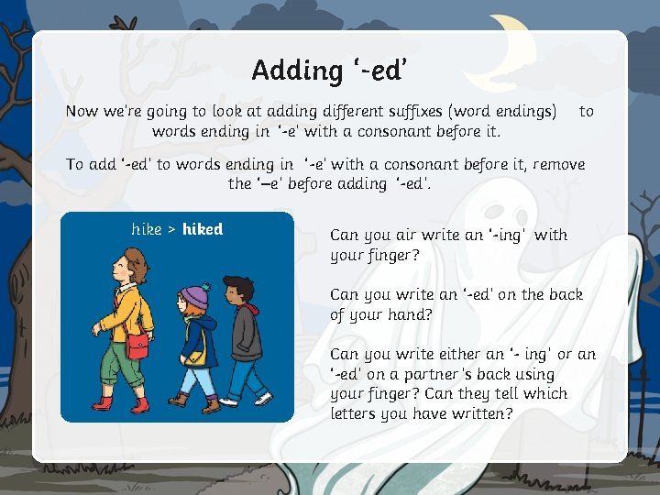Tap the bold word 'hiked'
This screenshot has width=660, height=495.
(x=203, y=229)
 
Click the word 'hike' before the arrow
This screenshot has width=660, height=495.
(x=146, y=229)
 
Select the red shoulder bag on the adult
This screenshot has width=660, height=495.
(x=137, y=346)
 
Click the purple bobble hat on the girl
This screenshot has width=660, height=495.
(x=194, y=296)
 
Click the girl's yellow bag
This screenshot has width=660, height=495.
(x=195, y=357)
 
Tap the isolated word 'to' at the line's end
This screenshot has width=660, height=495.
(x=587, y=111)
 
